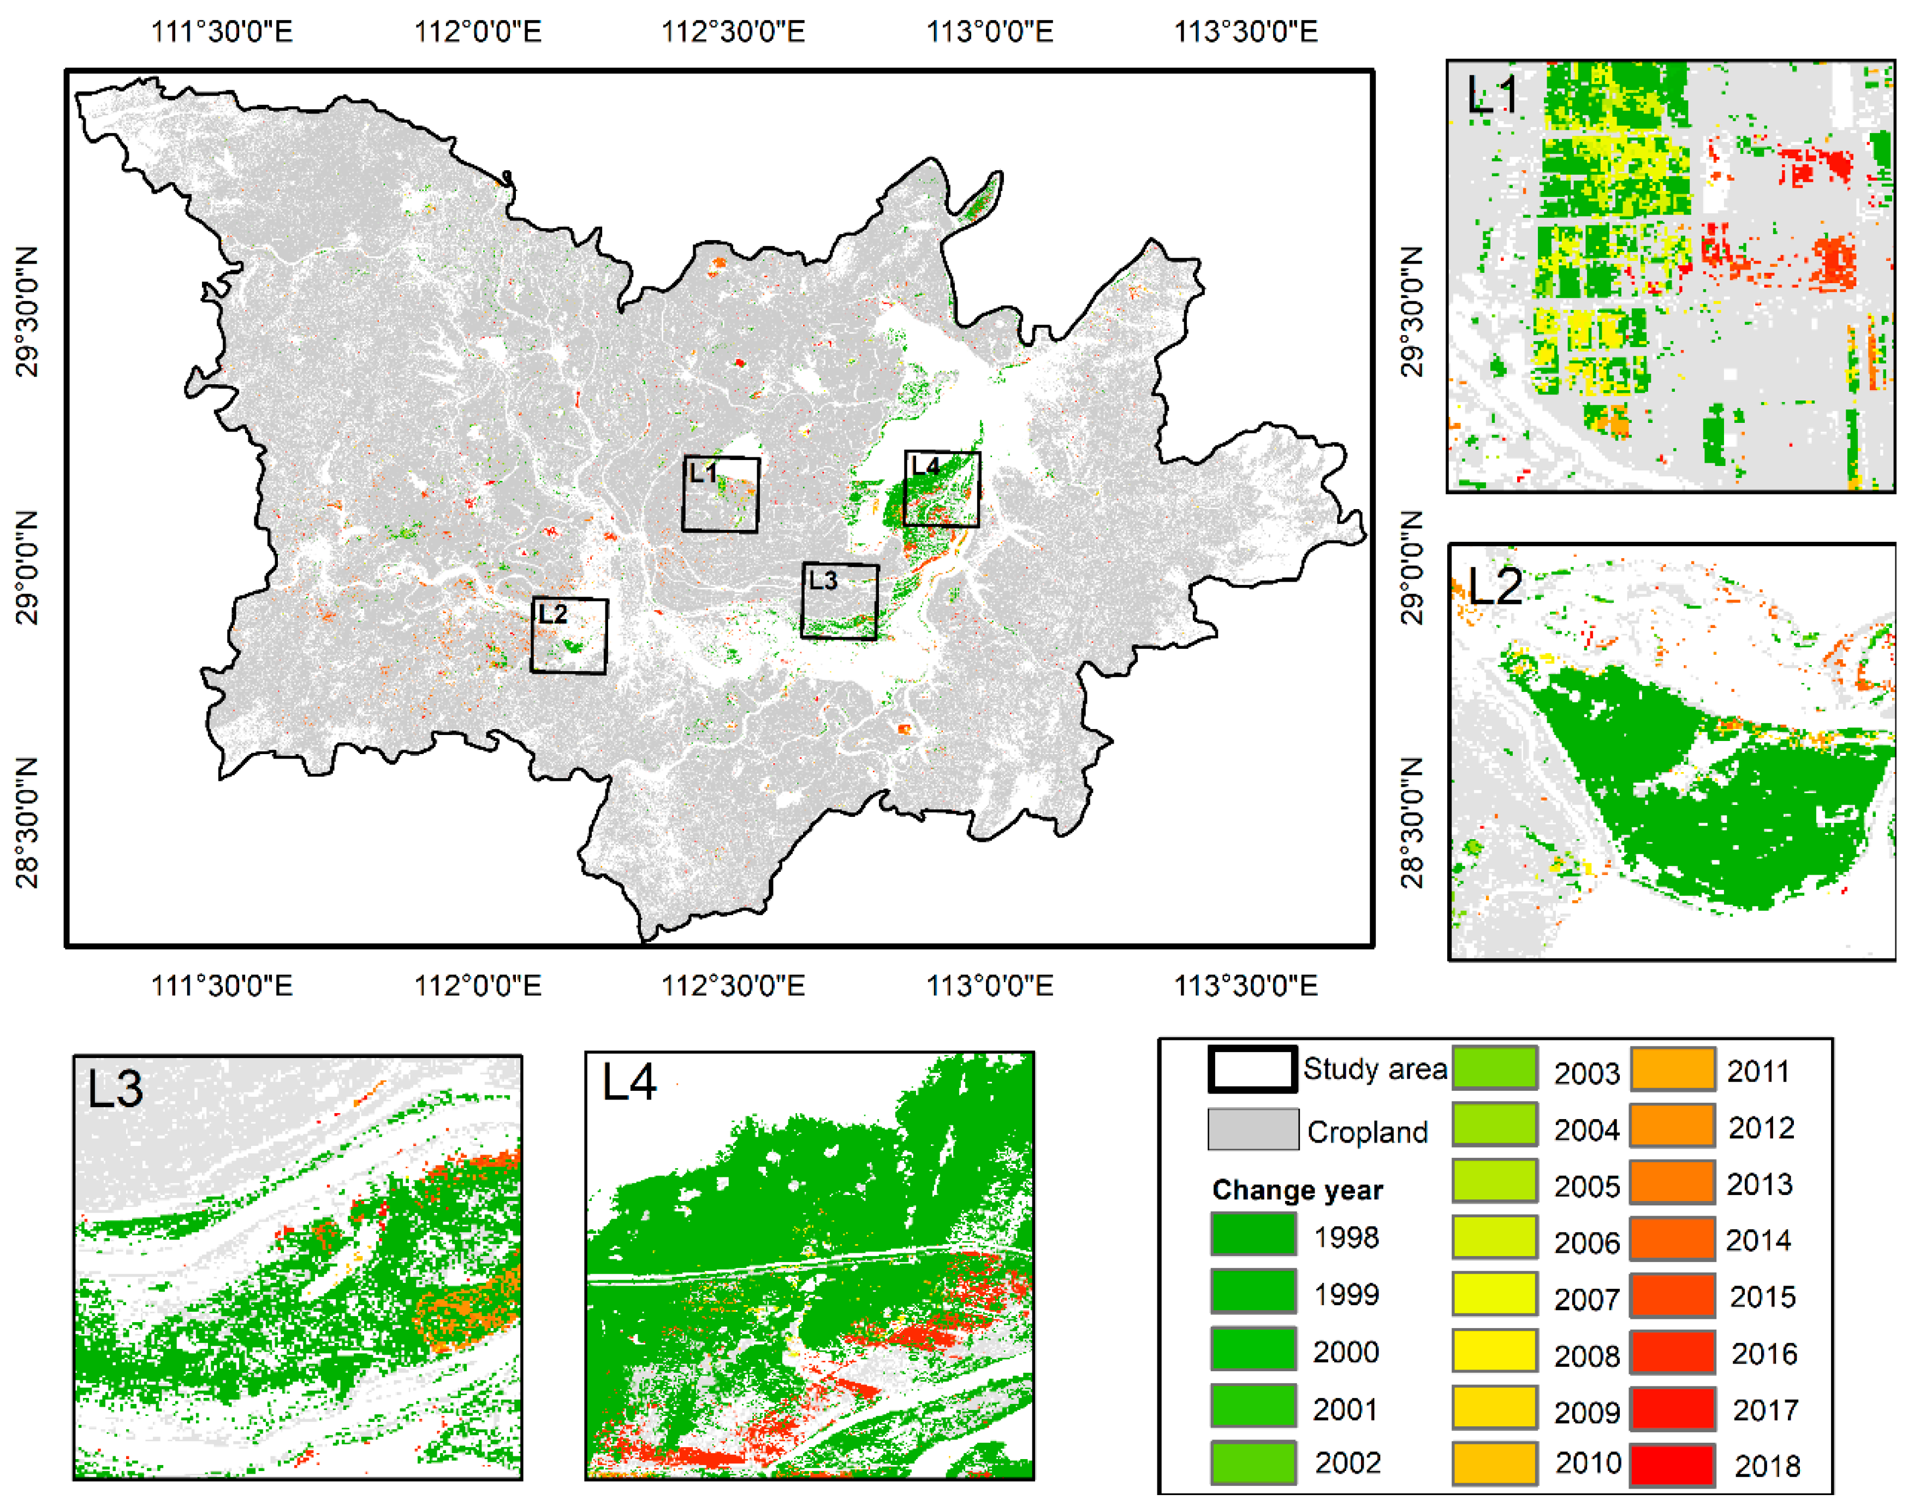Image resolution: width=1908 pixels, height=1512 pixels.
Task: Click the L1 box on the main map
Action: point(721,494)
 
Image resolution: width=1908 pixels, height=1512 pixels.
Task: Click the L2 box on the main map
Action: point(569,636)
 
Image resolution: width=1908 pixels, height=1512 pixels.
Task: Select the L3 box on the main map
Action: point(840,601)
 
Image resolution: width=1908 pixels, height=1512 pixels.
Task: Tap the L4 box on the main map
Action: point(942,489)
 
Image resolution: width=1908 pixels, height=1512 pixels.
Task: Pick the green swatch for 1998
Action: point(1253,1235)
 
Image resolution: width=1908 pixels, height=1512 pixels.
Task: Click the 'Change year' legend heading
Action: point(1297,1190)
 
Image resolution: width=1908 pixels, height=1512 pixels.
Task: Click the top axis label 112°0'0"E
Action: point(478,32)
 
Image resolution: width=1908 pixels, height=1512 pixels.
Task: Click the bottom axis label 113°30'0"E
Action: point(1245,985)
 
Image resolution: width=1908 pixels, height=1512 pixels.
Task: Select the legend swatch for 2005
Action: point(1494,1182)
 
